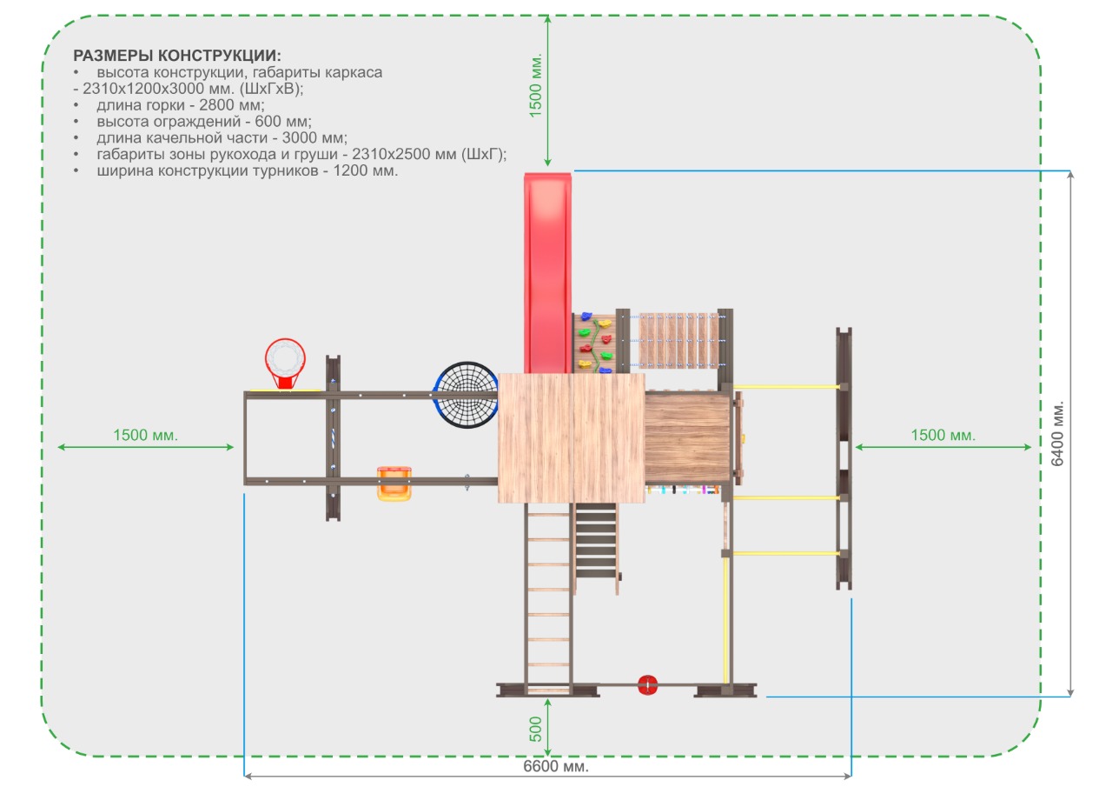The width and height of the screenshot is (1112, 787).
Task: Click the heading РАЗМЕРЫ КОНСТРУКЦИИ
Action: (x=176, y=55)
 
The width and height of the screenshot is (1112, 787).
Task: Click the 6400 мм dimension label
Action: (x=1057, y=433)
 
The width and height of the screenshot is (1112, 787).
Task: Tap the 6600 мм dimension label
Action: (x=555, y=765)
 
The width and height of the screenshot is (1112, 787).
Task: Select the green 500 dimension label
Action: (x=535, y=729)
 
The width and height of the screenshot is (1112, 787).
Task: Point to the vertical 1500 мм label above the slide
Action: (x=535, y=85)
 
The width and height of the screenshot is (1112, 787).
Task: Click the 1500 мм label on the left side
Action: (x=145, y=435)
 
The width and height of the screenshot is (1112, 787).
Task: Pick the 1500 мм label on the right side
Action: (x=943, y=435)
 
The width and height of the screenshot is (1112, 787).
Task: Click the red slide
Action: (x=547, y=273)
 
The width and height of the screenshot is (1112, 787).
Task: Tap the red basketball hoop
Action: (x=285, y=363)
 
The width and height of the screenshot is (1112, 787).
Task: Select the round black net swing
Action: (x=466, y=395)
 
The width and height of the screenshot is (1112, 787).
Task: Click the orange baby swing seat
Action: (x=394, y=483)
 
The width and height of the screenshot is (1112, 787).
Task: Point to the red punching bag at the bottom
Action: (x=647, y=684)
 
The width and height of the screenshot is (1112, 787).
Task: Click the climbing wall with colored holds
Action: (x=594, y=342)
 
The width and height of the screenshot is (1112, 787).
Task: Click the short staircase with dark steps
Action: (x=597, y=545)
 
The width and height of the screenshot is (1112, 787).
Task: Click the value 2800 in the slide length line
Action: (x=216, y=105)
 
